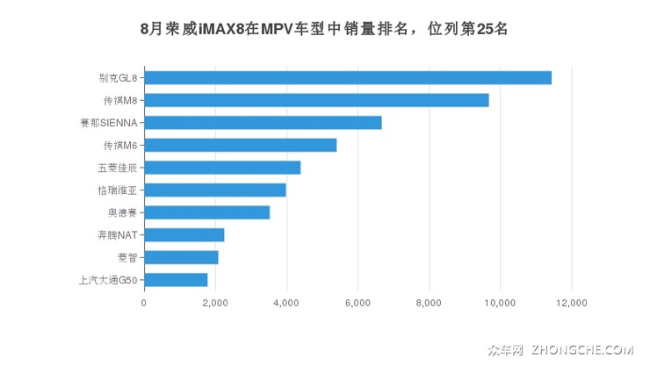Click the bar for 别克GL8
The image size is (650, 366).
click(348, 77)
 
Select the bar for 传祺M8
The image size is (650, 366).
click(316, 100)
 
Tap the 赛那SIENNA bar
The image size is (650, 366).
click(263, 122)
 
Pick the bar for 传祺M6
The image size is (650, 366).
click(240, 145)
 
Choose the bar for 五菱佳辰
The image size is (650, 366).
click(222, 168)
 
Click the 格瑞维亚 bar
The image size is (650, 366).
click(215, 190)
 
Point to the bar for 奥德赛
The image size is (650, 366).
click(206, 212)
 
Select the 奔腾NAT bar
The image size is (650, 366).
click(184, 234)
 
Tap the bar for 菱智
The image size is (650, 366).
click(181, 257)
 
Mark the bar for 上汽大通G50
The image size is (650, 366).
click(176, 280)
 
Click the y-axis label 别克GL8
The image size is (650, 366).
click(117, 77)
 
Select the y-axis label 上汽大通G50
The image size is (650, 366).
click(107, 280)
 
